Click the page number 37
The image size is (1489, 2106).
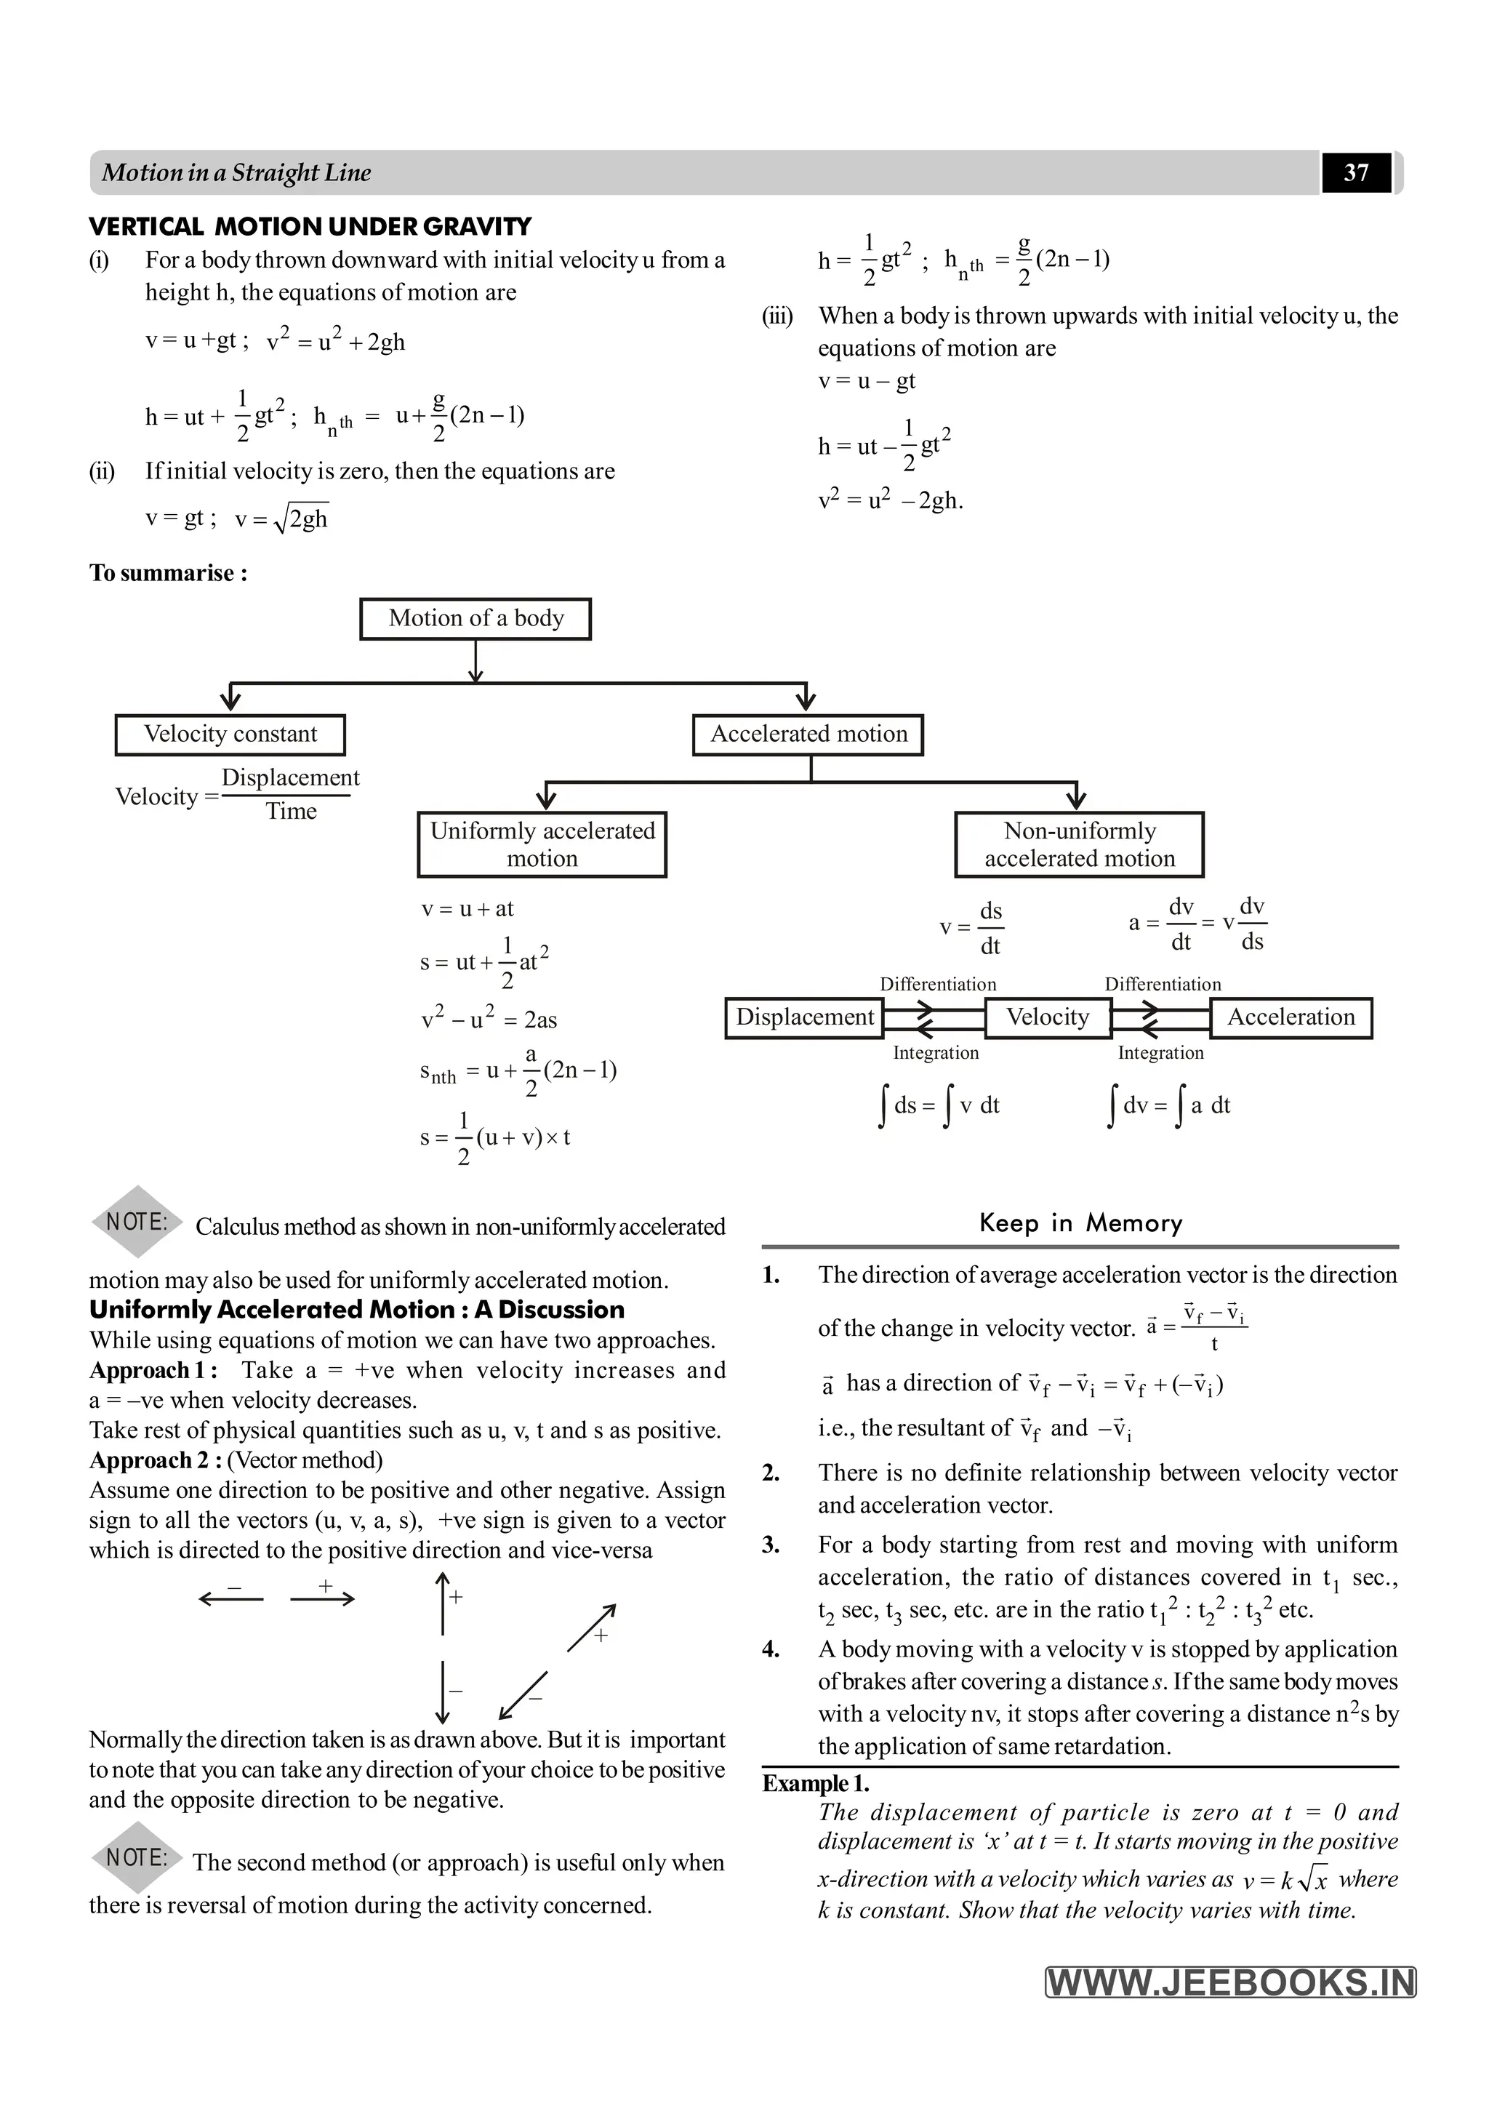click(1355, 172)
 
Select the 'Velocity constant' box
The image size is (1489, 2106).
click(230, 734)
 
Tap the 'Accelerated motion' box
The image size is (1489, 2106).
click(808, 734)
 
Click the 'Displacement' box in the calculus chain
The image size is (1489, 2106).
click(804, 1017)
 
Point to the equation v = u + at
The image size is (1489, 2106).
click(467, 909)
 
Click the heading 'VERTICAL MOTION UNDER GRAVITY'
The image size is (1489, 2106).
click(310, 227)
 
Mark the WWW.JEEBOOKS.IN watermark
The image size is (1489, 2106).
click(1230, 1983)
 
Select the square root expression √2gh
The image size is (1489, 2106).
click(305, 519)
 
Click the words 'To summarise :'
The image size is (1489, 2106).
click(169, 573)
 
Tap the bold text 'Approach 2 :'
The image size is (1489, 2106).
click(154, 1460)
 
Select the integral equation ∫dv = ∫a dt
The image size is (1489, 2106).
click(1169, 1105)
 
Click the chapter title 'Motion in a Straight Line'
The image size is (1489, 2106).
click(236, 172)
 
